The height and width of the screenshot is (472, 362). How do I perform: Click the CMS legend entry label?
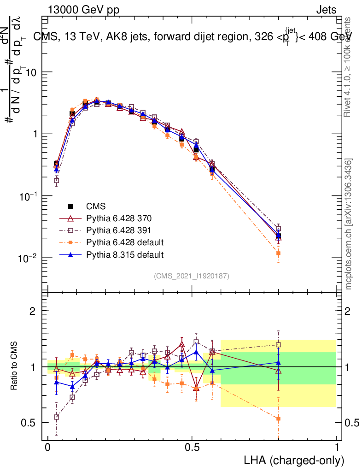[95, 206]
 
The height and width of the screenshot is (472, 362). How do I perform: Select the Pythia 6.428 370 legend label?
[118, 218]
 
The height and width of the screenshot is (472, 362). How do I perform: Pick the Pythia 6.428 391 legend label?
[118, 230]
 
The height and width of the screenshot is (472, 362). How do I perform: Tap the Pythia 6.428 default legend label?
[124, 242]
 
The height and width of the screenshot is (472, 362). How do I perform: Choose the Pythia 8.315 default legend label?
[124, 254]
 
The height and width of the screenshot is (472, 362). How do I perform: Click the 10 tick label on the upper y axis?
[31, 73]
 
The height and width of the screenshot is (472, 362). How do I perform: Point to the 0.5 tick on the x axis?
[192, 448]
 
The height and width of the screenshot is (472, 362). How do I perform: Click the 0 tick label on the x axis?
[47, 448]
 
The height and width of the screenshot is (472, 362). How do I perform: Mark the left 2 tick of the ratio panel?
[32, 311]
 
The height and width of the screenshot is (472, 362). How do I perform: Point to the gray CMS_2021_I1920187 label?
[192, 276]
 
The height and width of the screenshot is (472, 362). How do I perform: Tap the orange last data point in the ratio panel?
[278, 419]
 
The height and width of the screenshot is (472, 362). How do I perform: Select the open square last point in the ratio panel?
[278, 344]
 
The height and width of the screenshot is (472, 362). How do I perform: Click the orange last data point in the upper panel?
[278, 253]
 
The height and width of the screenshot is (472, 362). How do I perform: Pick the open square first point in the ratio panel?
[56, 417]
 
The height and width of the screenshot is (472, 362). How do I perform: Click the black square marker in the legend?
[71, 206]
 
